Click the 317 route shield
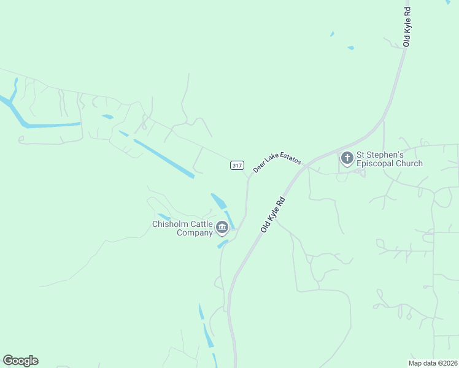coord(237,166)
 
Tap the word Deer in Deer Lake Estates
coord(259,167)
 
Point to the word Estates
coord(290,159)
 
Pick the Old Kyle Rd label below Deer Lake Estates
coord(274,213)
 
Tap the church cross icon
coord(347,159)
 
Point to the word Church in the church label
coord(409,164)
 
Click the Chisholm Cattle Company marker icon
coord(222,229)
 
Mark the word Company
coord(195,233)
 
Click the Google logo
coord(20,361)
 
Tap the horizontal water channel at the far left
coord(52,125)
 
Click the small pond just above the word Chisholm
coord(164,216)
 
